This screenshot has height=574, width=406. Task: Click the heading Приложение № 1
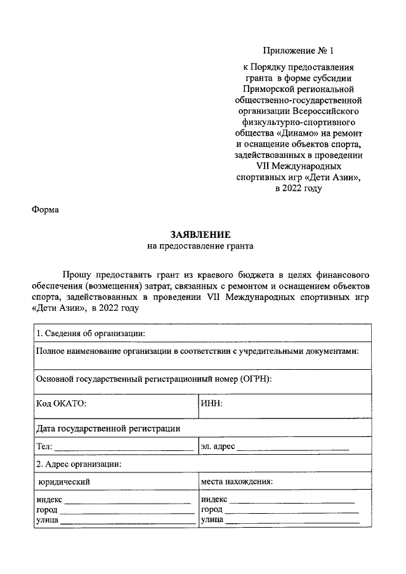click(298, 49)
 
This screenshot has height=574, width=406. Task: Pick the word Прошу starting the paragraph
click(77, 275)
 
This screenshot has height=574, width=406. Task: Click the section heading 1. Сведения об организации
click(91, 334)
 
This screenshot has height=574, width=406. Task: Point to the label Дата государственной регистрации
click(108, 428)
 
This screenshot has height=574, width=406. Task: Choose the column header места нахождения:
click(237, 481)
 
